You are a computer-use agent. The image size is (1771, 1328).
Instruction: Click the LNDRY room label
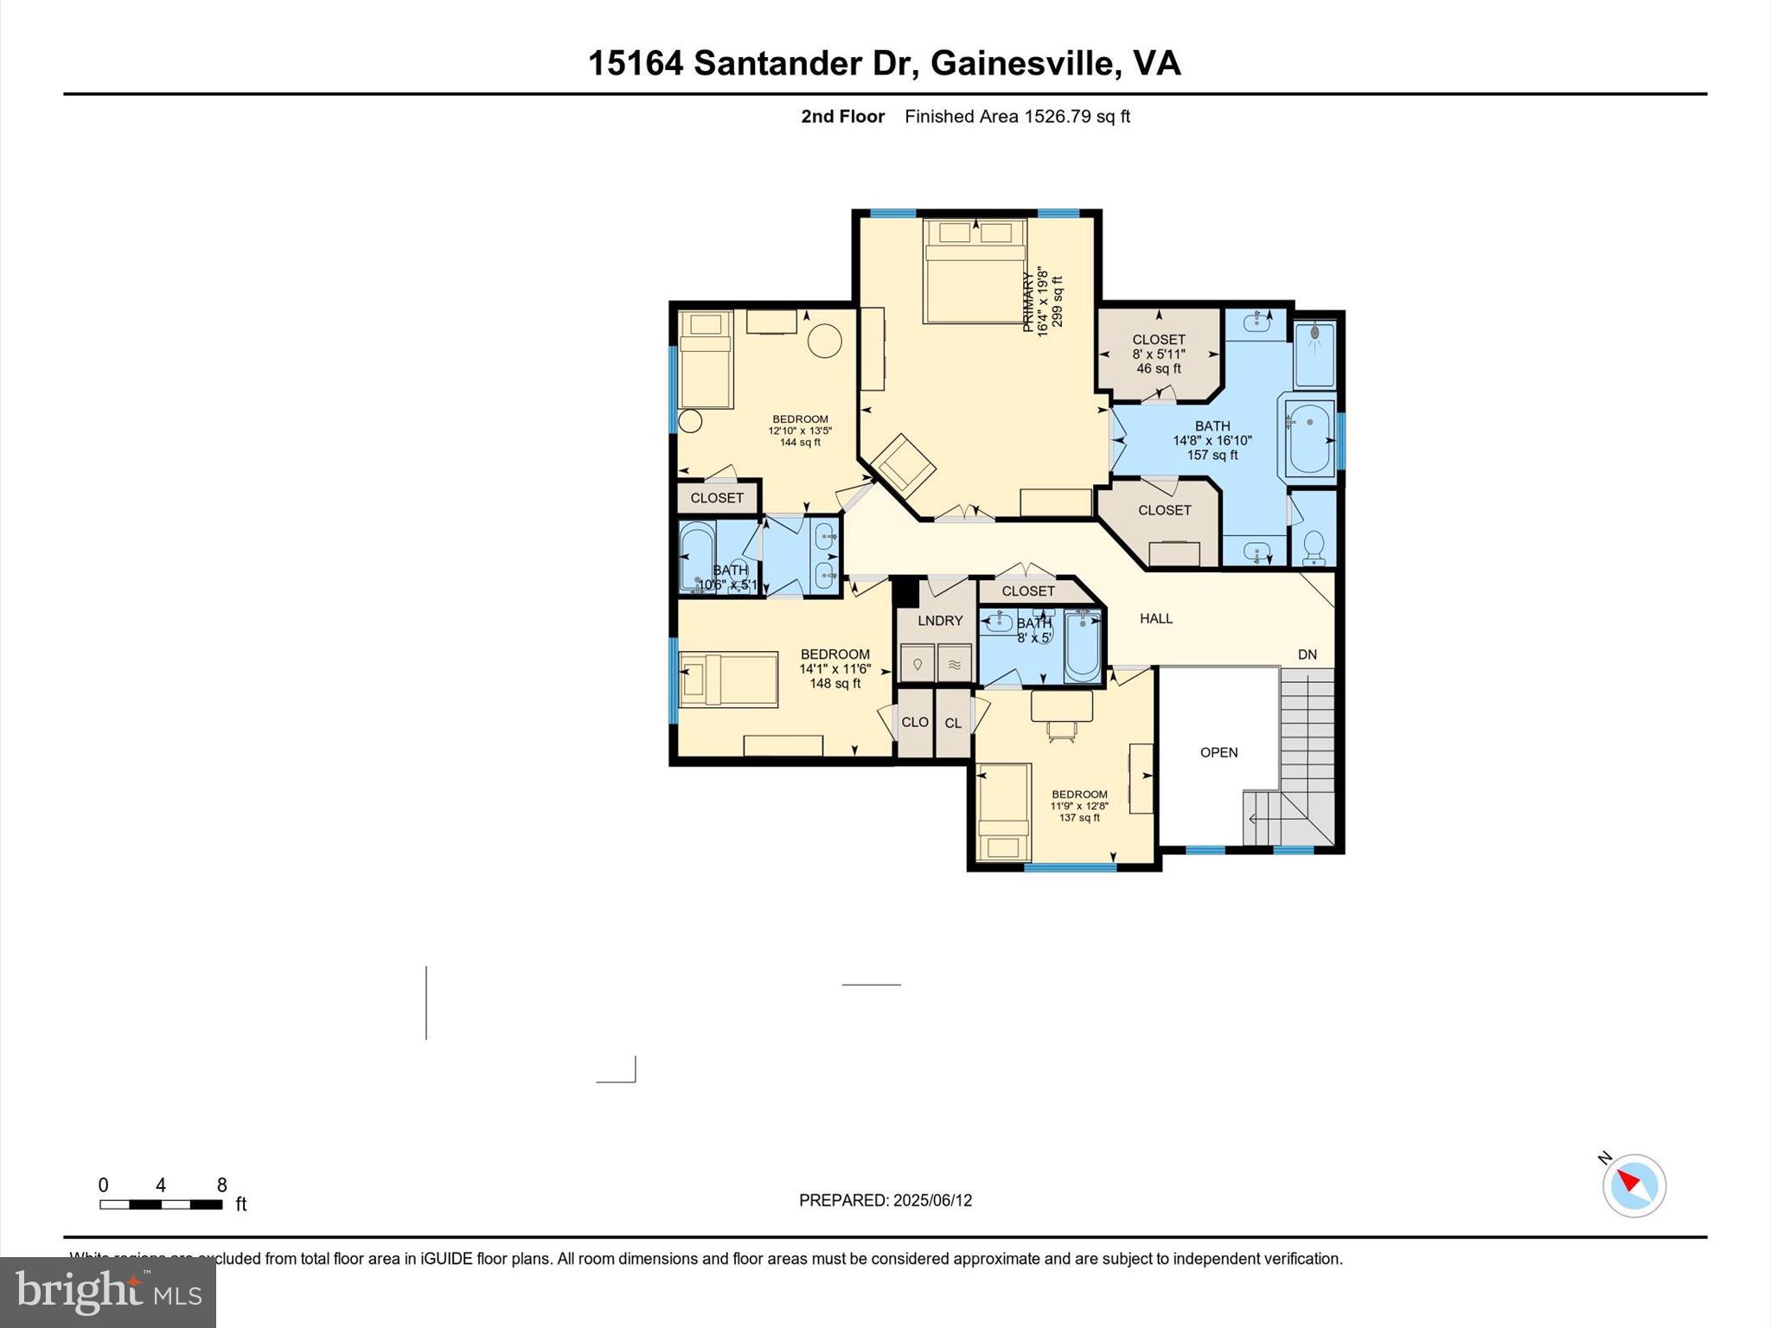(940, 621)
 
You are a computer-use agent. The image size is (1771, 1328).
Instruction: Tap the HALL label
(1156, 618)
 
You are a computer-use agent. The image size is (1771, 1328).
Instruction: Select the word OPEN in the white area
(1218, 752)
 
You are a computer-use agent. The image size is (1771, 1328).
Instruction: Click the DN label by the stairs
(1307, 654)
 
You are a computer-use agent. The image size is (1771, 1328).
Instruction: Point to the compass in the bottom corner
(1634, 1185)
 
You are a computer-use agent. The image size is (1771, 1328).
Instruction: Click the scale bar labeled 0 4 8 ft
(161, 1204)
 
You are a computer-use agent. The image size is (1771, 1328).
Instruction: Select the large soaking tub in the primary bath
(1310, 439)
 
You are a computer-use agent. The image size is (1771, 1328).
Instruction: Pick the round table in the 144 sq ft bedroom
(824, 341)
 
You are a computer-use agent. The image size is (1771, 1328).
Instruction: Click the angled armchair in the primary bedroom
(903, 466)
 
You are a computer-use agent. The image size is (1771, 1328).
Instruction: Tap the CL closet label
(953, 724)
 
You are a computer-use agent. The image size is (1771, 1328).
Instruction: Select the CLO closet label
(915, 722)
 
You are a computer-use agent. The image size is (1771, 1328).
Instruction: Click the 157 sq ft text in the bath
(1212, 455)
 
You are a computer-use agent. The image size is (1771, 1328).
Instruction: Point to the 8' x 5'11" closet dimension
(1159, 354)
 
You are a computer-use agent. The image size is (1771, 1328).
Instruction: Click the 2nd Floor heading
(842, 117)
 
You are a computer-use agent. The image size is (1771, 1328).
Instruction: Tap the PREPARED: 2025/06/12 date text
(885, 1200)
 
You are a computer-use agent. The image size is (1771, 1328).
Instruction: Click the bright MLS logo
(108, 1292)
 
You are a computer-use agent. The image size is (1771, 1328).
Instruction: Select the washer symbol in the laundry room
(917, 664)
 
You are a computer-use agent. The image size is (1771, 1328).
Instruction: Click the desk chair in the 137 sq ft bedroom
(1062, 731)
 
